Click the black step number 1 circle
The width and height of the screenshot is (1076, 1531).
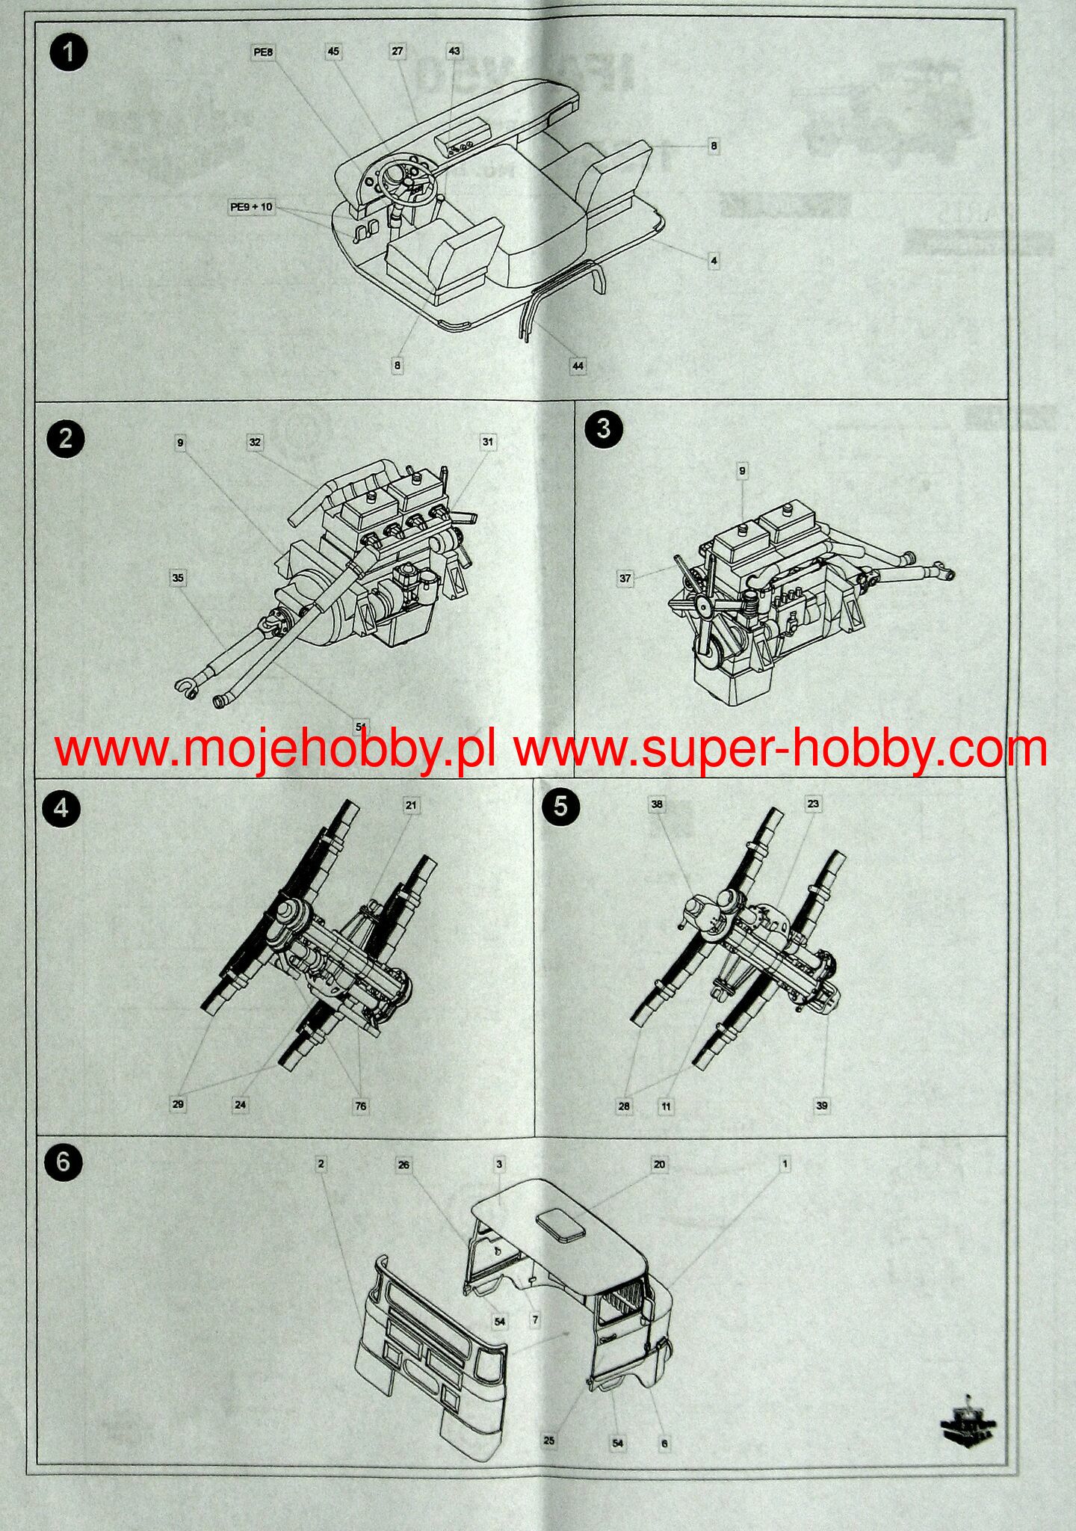point(68,54)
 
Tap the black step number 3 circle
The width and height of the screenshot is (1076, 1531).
point(603,428)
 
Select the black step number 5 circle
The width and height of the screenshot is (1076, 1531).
point(560,808)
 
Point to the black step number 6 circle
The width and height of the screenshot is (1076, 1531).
point(63,1162)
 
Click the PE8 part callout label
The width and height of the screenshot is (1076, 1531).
point(263,52)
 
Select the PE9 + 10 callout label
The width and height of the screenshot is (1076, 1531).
point(251,207)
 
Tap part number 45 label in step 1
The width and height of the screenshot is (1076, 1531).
point(333,52)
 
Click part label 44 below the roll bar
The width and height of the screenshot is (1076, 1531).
point(578,366)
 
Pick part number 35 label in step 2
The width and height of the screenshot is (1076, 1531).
point(178,578)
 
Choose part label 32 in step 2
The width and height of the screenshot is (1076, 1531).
point(255,443)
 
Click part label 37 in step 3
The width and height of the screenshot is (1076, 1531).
point(625,578)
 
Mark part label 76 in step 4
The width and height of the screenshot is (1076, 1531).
point(361,1106)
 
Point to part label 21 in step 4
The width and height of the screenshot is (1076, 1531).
point(411,805)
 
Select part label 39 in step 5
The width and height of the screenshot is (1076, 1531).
point(822,1106)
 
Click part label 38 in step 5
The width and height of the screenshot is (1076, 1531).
point(657,804)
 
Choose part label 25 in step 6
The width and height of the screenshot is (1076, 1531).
point(549,1441)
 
